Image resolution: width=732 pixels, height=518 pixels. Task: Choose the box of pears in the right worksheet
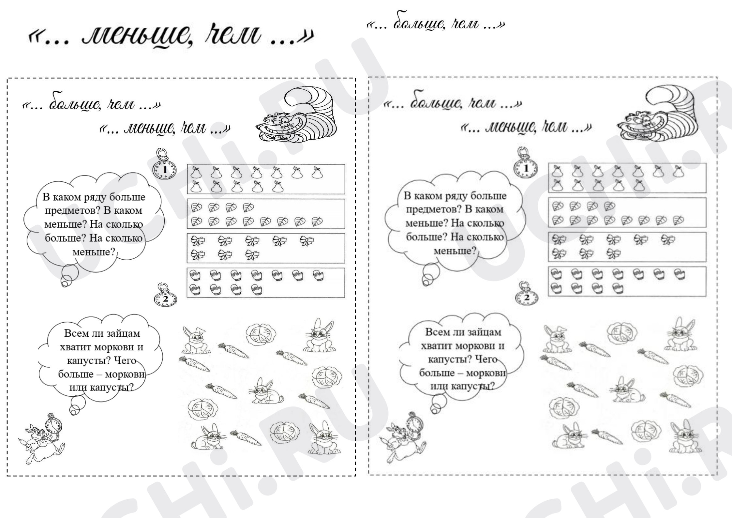[627, 178]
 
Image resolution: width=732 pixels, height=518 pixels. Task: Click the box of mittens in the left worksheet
[266, 283]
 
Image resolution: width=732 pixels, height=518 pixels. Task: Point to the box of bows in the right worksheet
[627, 247]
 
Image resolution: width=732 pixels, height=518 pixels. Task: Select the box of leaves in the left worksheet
[266, 214]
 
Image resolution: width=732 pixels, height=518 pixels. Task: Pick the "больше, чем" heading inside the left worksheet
[91, 104]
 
